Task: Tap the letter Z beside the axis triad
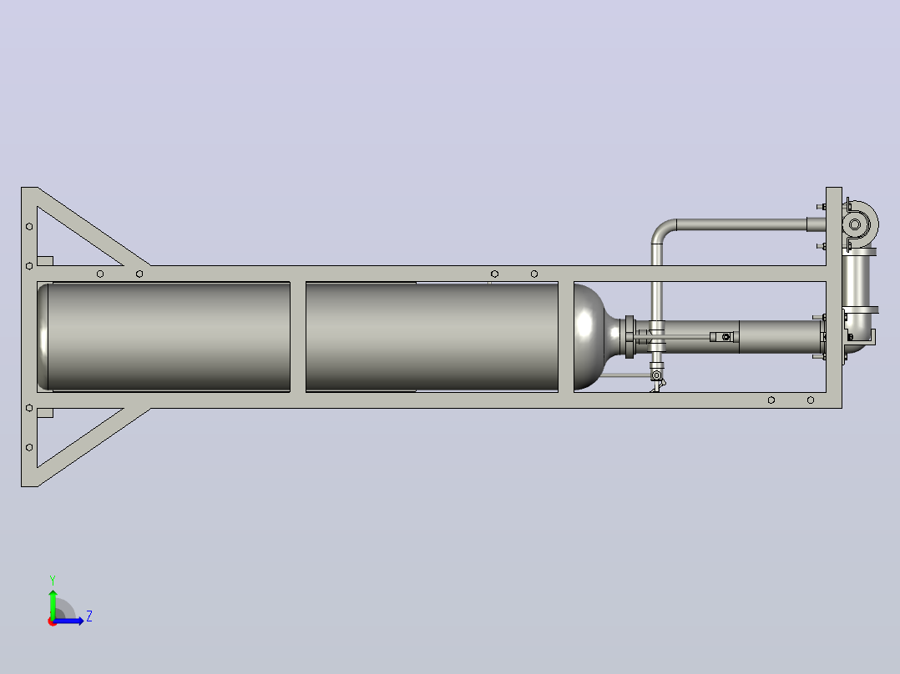tap(89, 616)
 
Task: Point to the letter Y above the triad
tap(53, 581)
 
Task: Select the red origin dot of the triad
tap(52, 621)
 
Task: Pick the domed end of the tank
tap(591, 337)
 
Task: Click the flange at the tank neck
tap(629, 337)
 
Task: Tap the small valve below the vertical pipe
tap(657, 377)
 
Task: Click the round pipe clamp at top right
tap(859, 224)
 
